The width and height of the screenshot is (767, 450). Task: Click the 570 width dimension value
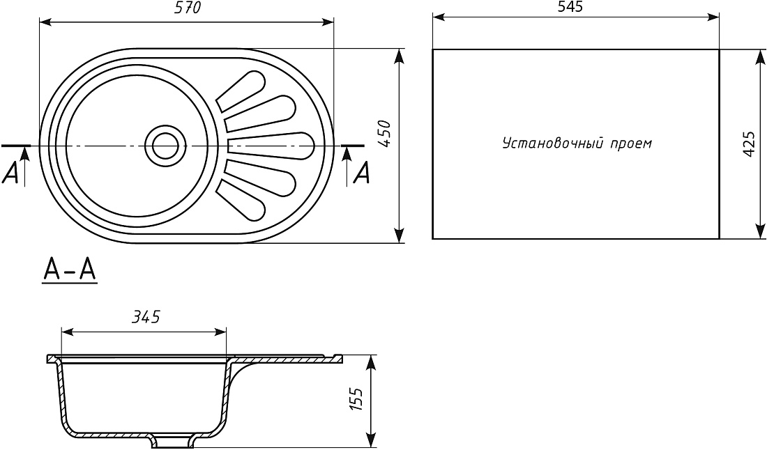(188, 8)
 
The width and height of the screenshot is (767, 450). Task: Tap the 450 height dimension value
(386, 134)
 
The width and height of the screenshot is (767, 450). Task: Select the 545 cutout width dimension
(570, 7)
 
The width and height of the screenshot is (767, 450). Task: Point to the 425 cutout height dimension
(749, 143)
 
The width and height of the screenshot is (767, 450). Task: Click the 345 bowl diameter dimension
(146, 317)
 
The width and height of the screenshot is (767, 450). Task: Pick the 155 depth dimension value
(356, 399)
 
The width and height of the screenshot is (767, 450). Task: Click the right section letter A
(361, 173)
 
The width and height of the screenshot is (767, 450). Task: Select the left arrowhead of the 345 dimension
(68, 332)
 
